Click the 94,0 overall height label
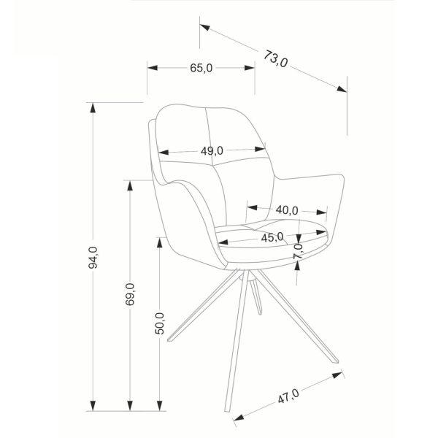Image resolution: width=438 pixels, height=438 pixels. [x=93, y=258]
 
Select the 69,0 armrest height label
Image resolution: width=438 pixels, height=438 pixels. [x=130, y=294]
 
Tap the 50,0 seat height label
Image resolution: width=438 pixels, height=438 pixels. [x=160, y=323]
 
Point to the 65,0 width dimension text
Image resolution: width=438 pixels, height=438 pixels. [x=201, y=68]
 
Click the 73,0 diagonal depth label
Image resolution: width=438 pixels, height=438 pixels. [x=275, y=59]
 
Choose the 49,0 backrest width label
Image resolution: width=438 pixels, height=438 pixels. [x=212, y=151]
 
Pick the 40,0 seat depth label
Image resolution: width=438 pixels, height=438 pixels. [x=287, y=210]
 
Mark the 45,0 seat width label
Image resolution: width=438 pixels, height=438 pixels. [x=272, y=237]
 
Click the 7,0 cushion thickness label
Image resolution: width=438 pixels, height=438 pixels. [x=298, y=251]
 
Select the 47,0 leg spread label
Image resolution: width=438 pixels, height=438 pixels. [x=288, y=396]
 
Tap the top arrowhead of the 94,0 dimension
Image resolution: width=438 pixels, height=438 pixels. [x=93, y=108]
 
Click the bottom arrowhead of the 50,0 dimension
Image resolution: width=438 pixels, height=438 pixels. [x=159, y=406]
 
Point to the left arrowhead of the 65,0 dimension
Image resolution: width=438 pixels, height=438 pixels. [x=153, y=68]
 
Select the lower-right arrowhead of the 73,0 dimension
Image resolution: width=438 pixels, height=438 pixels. [x=342, y=89]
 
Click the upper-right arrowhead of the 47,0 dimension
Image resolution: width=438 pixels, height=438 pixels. [x=337, y=375]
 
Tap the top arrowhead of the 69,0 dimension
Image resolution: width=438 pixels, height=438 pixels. [x=130, y=185]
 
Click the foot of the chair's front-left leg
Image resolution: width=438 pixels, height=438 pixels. [x=169, y=340]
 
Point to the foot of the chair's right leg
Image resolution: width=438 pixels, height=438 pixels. [x=336, y=361]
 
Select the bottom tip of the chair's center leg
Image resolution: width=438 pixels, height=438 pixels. [x=227, y=410]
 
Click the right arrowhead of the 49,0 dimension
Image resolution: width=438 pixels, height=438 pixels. [x=260, y=149]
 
